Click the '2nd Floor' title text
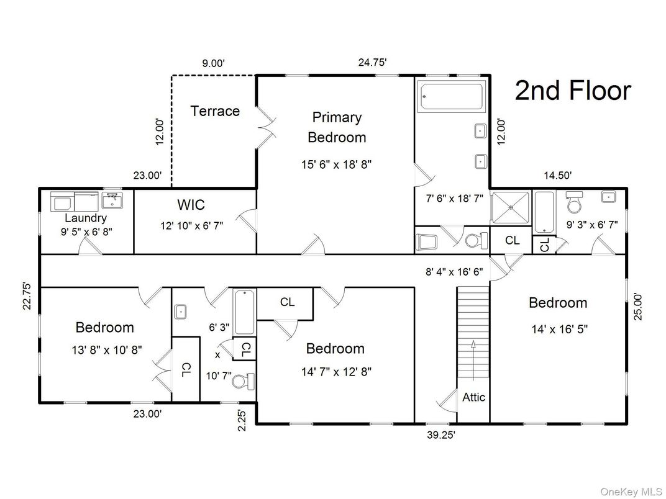coord(573,91)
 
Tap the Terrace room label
coord(215,111)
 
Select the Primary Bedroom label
coord(337,127)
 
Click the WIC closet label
coord(191,205)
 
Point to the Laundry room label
coord(86,218)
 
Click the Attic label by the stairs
coord(473,397)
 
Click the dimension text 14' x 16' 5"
coord(557,330)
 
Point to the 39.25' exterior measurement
coord(440,435)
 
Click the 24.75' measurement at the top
coord(373,62)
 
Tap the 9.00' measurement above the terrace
coord(213,62)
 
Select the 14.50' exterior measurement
coord(557,176)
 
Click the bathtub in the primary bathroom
coord(452,97)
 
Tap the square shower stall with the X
coord(511,207)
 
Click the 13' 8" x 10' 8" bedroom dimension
coord(106,349)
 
